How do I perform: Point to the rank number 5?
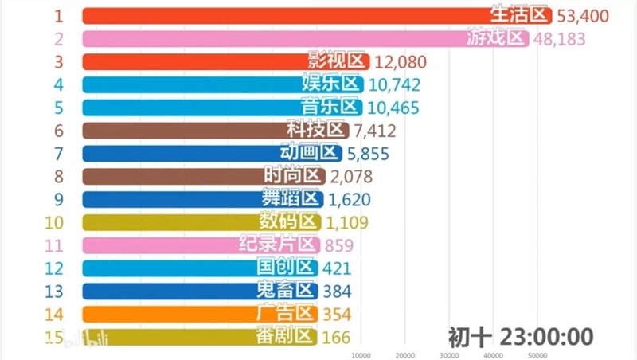(58, 107)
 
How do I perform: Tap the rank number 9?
(58, 199)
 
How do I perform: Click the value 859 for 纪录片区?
(339, 245)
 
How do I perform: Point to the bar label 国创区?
(288, 268)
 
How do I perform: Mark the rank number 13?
(54, 291)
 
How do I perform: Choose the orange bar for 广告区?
(167, 314)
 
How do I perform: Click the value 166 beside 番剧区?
(338, 337)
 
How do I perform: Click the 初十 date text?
(465, 335)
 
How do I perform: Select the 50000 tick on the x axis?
(537, 355)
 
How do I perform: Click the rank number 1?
(58, 15)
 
